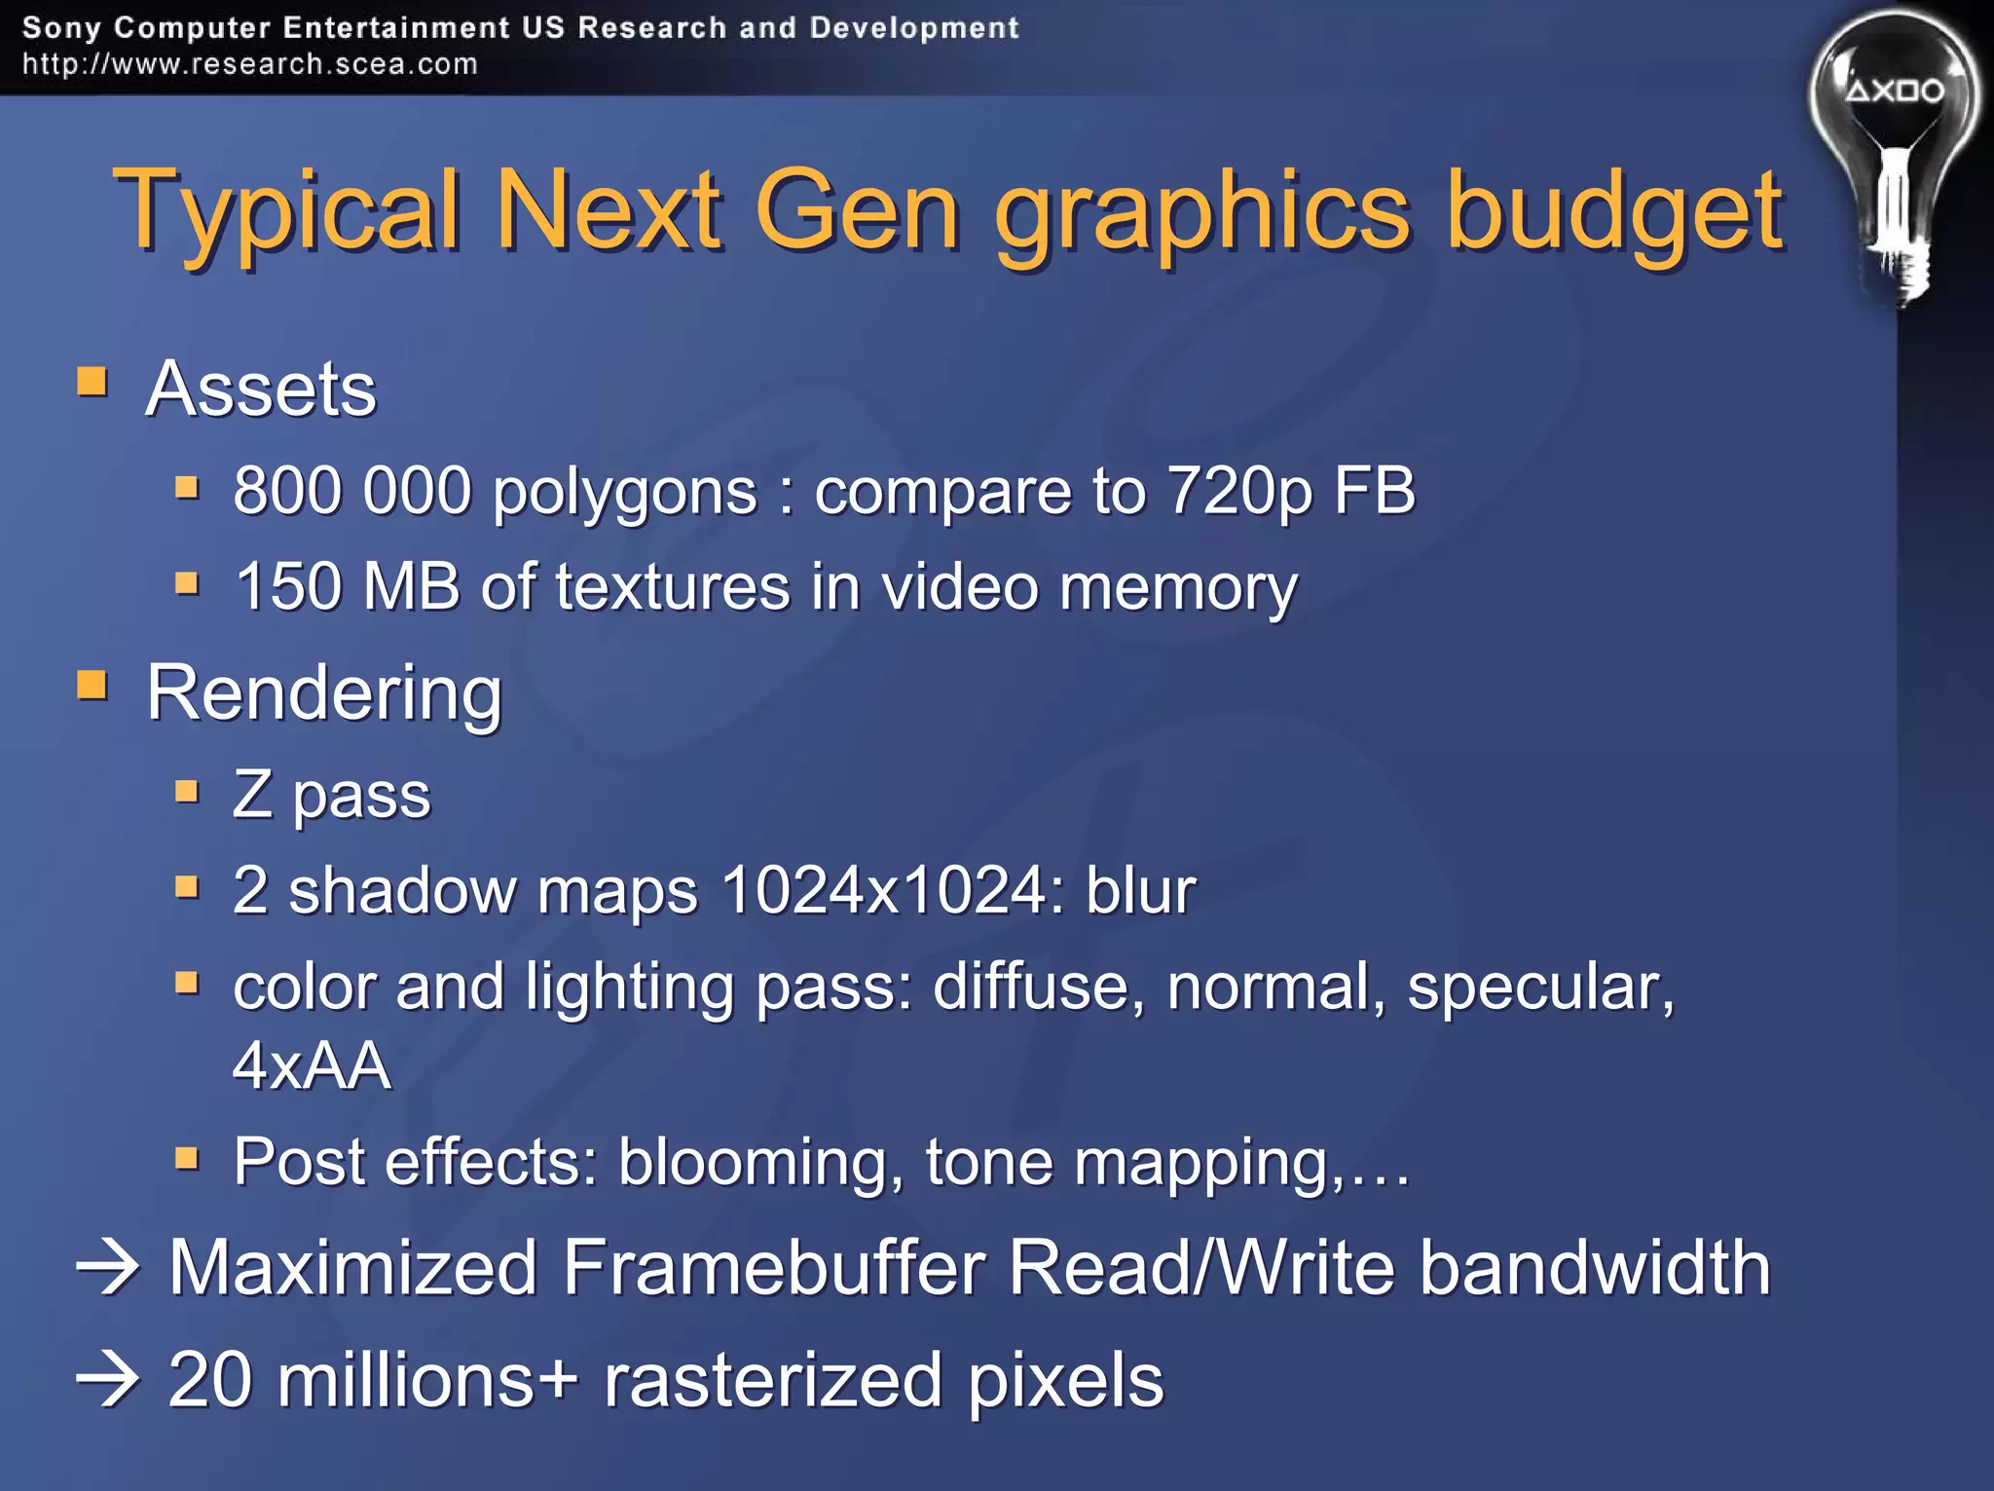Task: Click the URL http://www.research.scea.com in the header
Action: point(250,64)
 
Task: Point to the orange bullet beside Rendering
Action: point(92,685)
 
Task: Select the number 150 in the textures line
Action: point(288,586)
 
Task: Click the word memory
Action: point(1178,588)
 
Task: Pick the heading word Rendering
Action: point(324,692)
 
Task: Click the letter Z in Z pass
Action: point(252,794)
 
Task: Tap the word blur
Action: point(1140,890)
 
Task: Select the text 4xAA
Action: point(312,1064)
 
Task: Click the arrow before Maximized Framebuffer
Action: point(108,1268)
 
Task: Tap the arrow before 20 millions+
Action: point(108,1380)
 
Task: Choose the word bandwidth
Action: point(1594,1268)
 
